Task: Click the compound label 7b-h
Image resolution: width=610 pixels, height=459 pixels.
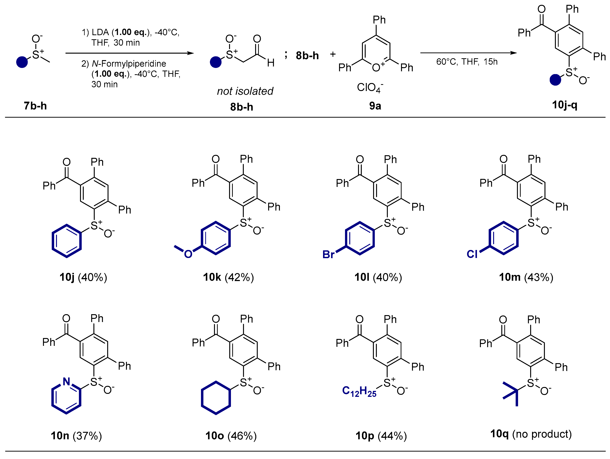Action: pos(35,106)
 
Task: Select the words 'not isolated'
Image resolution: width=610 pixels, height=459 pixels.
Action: pos(245,91)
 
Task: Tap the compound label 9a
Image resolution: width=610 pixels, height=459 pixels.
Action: pos(375,106)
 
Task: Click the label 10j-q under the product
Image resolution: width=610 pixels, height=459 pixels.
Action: pos(564,105)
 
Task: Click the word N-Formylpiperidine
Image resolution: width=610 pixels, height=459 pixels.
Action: pos(129,64)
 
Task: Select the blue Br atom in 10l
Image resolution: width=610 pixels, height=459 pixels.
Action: pos(328,254)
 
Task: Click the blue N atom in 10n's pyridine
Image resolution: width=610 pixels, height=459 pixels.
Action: pos(66,382)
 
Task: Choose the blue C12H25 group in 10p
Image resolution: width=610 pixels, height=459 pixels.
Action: pos(359,391)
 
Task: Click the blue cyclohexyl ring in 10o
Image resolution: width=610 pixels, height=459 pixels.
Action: pos(216,398)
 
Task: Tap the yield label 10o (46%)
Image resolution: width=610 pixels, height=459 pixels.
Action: pos(231,436)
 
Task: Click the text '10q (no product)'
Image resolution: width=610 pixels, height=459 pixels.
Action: pos(531,434)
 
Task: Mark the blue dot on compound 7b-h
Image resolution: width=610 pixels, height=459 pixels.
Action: pos(22,62)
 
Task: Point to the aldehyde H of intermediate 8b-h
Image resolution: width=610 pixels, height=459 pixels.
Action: pos(271,63)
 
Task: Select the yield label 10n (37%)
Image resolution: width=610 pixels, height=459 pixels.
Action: pos(76,436)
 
